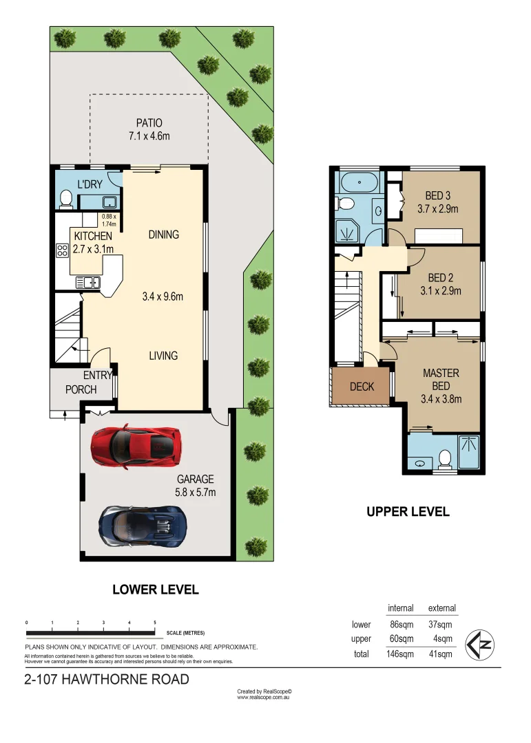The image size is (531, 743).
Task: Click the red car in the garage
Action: point(136,447)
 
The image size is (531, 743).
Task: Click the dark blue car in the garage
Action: point(143,526)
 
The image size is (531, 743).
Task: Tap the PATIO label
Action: point(149,130)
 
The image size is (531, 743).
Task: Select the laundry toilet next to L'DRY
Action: point(66,199)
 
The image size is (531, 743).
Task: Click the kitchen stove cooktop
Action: point(61,250)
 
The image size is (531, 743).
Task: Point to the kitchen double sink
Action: point(87,282)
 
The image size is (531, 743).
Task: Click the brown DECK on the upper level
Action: point(362,387)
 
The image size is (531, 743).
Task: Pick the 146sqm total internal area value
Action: point(400,654)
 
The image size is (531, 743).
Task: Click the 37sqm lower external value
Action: point(441,625)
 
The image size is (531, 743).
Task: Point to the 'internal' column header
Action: point(400,608)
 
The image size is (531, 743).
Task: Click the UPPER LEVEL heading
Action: point(408,512)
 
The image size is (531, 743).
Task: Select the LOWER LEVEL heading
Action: point(155,590)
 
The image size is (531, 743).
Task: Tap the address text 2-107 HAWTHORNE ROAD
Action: point(107,680)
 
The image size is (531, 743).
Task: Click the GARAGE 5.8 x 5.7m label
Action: point(196,486)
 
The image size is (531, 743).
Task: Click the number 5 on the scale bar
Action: point(155,623)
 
